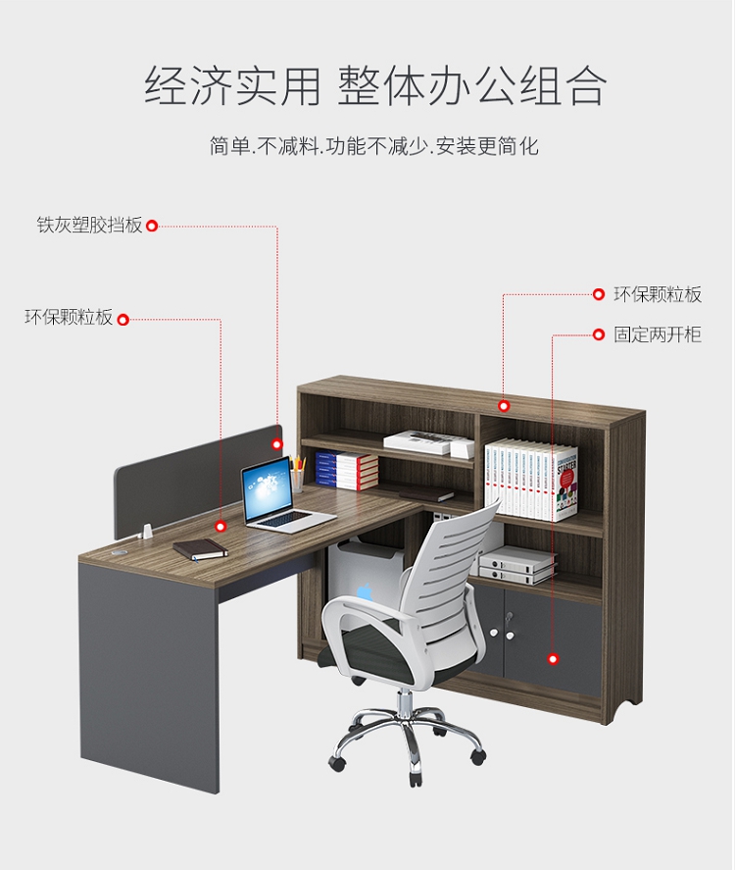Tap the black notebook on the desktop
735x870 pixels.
(201, 549)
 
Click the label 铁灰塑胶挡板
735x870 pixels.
(90, 227)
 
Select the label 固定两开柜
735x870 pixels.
(658, 335)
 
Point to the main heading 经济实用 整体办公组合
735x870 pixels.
(376, 86)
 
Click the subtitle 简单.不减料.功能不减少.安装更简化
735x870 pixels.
(374, 147)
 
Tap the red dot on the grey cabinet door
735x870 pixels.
(553, 659)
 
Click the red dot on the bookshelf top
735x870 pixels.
(504, 405)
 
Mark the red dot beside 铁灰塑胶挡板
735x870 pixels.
(152, 227)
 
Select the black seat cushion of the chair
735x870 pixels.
(392, 652)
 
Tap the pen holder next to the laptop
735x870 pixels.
(297, 480)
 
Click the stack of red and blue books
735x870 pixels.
(346, 470)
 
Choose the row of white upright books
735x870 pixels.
(529, 481)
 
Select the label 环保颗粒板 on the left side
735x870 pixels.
(69, 318)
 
